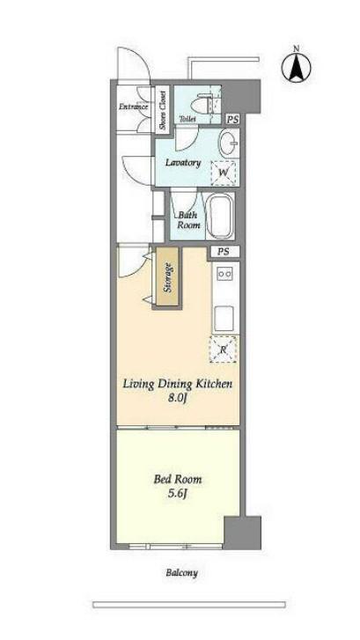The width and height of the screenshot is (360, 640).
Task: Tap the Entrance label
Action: pos(133,107)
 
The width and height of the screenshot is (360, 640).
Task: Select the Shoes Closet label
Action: pos(163,109)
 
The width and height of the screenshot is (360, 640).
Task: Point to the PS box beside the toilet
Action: pos(232,120)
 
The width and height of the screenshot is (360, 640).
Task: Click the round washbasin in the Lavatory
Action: pos(229,143)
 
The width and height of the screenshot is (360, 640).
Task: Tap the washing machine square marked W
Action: pos(223,173)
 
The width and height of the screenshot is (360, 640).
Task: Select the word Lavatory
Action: pos(183,162)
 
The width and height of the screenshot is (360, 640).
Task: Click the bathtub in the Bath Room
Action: pos(219,216)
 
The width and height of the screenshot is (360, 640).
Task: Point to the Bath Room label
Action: pos(188,220)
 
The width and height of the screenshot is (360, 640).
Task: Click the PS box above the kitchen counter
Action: pos(223,252)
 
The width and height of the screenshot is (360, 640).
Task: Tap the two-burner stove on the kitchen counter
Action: pos(225,273)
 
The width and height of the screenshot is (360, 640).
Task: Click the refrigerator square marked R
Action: pos(223,349)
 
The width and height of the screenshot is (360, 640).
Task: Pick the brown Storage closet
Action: pos(167,277)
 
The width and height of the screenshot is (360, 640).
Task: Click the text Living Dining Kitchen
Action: pos(178,384)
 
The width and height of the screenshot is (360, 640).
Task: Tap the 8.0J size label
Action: pos(178,398)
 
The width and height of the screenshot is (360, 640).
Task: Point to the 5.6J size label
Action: pos(178,494)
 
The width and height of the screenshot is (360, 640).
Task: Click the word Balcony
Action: pos(181,572)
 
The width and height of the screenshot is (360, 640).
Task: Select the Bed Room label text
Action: pos(178,479)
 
